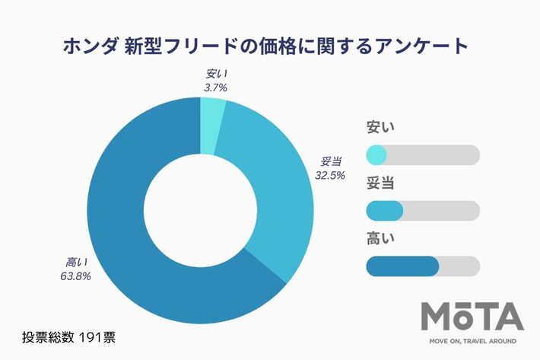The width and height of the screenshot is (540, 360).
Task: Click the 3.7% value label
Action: click(x=215, y=88)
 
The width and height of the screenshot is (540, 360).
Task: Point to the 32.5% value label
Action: click(x=330, y=174)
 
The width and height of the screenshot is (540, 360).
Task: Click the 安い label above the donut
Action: click(x=216, y=75)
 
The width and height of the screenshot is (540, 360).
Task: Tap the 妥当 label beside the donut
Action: click(x=331, y=161)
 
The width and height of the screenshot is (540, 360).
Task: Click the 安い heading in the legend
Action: click(x=381, y=128)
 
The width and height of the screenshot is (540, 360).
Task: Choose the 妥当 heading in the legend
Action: click(x=381, y=183)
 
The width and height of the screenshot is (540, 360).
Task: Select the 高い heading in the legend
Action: click(x=381, y=239)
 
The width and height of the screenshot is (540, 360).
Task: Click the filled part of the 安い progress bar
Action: click(x=376, y=155)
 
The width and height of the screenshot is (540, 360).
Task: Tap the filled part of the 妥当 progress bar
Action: click(x=384, y=211)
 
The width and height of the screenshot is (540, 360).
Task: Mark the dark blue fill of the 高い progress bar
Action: click(x=402, y=266)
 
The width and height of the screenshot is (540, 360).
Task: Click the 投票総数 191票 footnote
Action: click(x=68, y=336)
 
